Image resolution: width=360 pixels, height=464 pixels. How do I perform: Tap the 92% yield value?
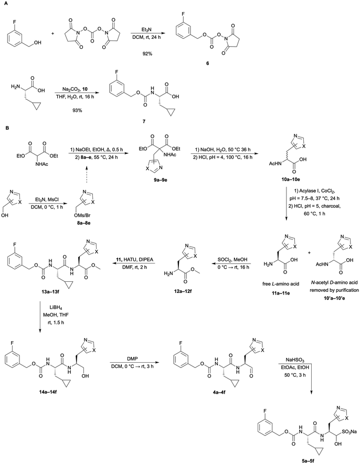[x=146, y=54]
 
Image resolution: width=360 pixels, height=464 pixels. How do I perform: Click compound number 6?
[x=208, y=64]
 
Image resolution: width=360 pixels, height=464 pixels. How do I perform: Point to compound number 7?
[x=144, y=121]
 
